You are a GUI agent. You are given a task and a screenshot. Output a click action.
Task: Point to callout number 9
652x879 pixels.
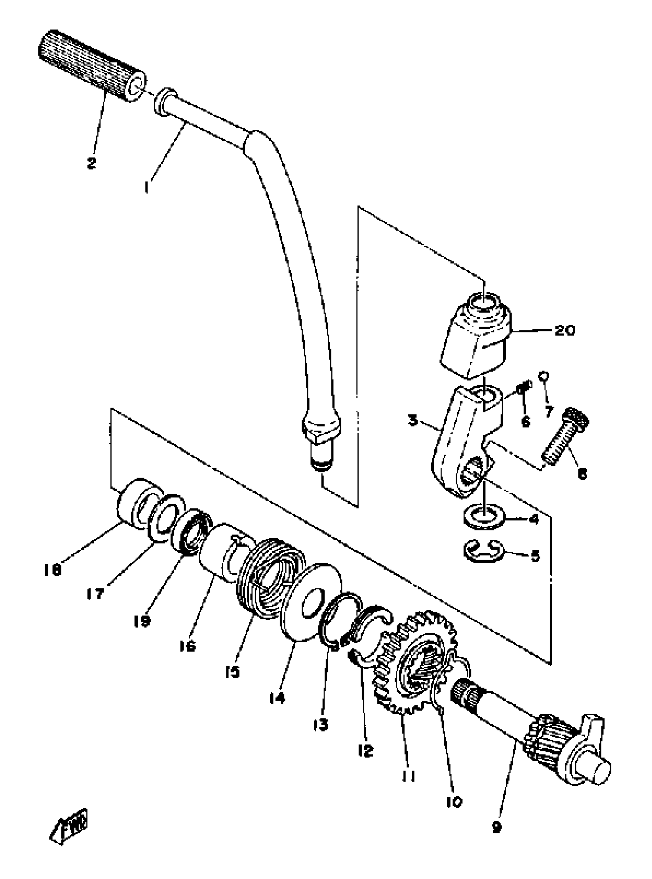(x=497, y=815)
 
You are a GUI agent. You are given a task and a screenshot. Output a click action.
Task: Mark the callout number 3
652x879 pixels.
(x=413, y=421)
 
